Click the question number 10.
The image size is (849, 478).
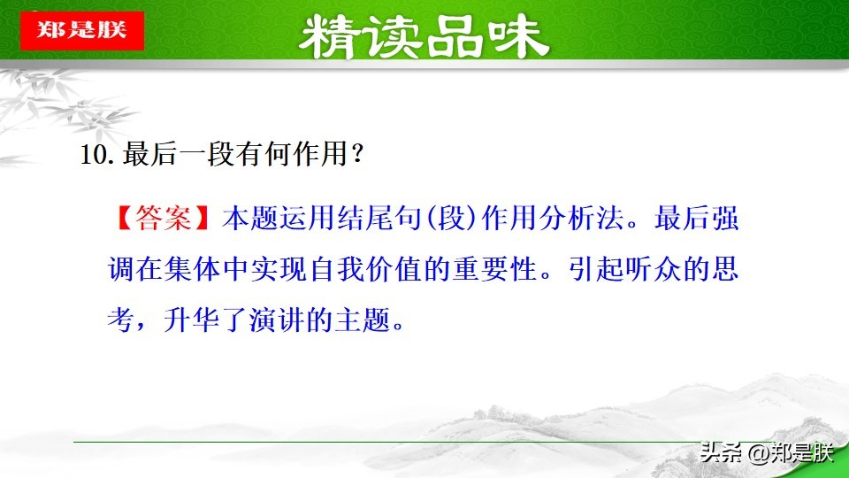(x=93, y=154)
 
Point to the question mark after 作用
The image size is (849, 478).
(x=357, y=154)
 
